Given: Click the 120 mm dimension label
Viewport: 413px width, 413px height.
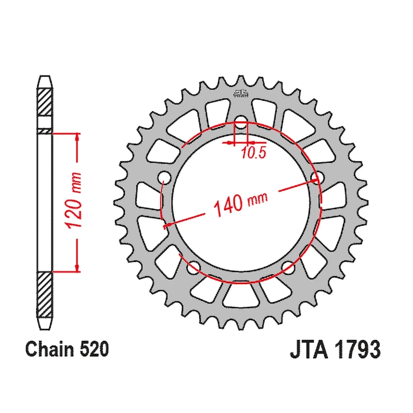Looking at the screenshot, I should (75, 202).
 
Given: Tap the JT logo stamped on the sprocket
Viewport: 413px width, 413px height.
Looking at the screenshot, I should (240, 93).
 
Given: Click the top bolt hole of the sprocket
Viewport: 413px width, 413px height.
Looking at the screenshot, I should (240, 121).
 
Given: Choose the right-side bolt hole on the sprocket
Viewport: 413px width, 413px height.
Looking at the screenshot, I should (316, 177).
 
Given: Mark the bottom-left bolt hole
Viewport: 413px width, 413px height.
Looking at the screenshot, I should (192, 270).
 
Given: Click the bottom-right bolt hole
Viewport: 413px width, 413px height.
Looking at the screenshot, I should (288, 270).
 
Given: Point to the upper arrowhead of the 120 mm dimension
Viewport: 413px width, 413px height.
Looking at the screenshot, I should (76, 137).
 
